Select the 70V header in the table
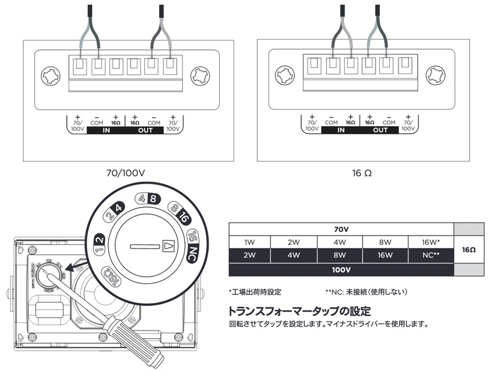[341, 229]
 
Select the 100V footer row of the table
[341, 270]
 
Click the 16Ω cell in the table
[468, 250]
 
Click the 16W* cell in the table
[431, 242]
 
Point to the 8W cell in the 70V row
[385, 242]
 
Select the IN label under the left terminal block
[106, 132]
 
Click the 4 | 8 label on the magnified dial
[148, 200]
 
